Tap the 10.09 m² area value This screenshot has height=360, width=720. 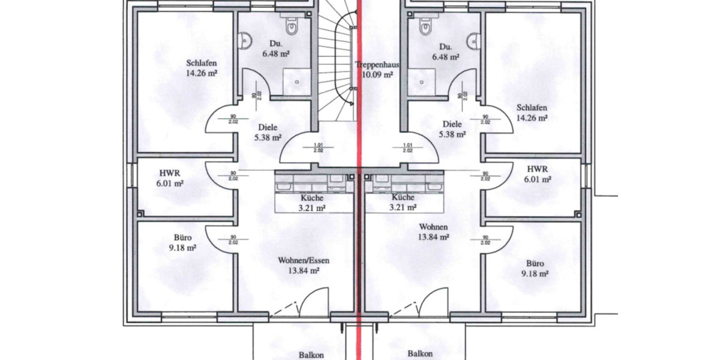click(377, 75)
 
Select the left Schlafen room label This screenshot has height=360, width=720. click(201, 63)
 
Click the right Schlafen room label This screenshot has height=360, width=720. click(532, 107)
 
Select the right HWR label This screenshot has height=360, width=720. click(538, 169)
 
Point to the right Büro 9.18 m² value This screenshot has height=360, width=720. click(535, 274)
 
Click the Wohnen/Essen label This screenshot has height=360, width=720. click(304, 261)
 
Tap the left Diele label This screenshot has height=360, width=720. click(268, 127)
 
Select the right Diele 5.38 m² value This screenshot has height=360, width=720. click(451, 135)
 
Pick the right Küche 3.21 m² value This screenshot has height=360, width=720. click(403, 208)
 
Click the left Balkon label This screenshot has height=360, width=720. click(311, 355)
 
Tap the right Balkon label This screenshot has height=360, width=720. click(420, 354)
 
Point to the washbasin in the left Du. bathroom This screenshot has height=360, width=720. click(244, 41)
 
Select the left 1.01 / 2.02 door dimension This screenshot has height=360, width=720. click(318, 147)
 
